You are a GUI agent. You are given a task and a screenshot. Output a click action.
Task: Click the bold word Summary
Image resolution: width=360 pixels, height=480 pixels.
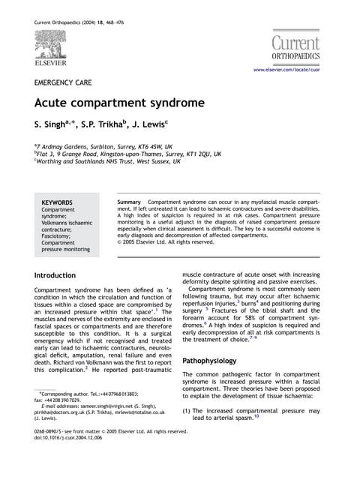(x=130, y=202)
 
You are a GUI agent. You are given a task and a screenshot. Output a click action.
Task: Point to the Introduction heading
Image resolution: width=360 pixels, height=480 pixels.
(x=61, y=276)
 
